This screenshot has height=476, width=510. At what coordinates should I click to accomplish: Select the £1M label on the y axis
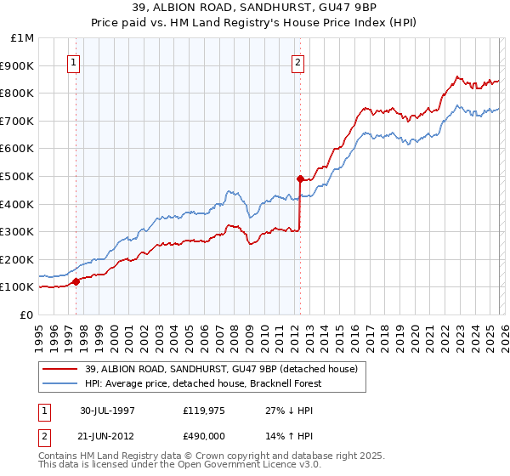[x=22, y=38]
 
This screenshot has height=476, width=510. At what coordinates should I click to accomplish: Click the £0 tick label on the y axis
[x=26, y=314]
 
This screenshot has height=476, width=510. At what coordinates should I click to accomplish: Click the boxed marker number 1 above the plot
[x=74, y=61]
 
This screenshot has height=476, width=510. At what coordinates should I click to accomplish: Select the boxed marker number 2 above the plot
[x=298, y=61]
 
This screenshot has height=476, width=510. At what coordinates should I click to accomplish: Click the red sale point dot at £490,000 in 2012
[x=300, y=178]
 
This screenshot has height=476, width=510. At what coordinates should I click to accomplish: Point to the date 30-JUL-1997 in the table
[x=107, y=410]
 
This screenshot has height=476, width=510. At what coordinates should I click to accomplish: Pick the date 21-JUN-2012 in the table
[x=107, y=434]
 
